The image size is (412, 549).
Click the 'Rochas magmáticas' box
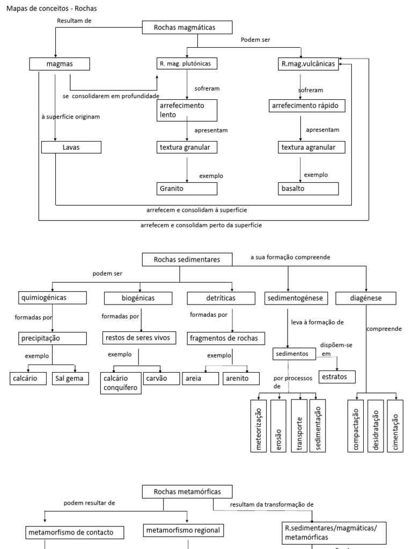pyautogui.click(x=188, y=27)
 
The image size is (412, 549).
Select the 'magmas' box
pyautogui.click(x=58, y=64)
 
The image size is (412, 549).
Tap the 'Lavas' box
pyautogui.click(x=71, y=147)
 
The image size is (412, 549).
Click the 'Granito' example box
pyautogui.click(x=187, y=189)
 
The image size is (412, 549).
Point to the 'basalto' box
pyautogui.click(x=308, y=189)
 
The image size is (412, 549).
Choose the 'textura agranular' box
pyautogui.click(x=312, y=147)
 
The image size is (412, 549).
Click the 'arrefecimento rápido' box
pyautogui.click(x=306, y=106)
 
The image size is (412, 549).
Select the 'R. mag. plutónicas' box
pyautogui.click(x=188, y=64)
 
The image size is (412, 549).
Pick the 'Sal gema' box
pyautogui.click(x=68, y=379)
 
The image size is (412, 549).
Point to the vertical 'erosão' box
pyautogui.click(x=278, y=426)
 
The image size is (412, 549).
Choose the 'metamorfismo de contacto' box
pyautogui.click(x=75, y=532)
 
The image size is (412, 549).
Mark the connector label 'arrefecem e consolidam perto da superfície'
pyautogui.click(x=201, y=226)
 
